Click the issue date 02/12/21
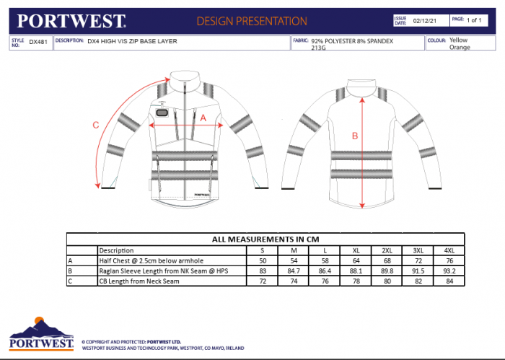[421, 22]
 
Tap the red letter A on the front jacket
[203, 116]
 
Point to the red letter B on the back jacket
[354, 135]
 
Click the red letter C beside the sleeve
[96, 124]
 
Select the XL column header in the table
[356, 250]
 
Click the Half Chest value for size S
[263, 260]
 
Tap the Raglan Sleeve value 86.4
[325, 271]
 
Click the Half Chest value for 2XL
[387, 260]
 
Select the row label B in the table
[71, 271]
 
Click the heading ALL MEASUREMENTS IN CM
[265, 239]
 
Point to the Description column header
[116, 250]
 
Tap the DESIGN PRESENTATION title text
[251, 21]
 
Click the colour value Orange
[460, 48]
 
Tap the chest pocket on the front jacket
[162, 113]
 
